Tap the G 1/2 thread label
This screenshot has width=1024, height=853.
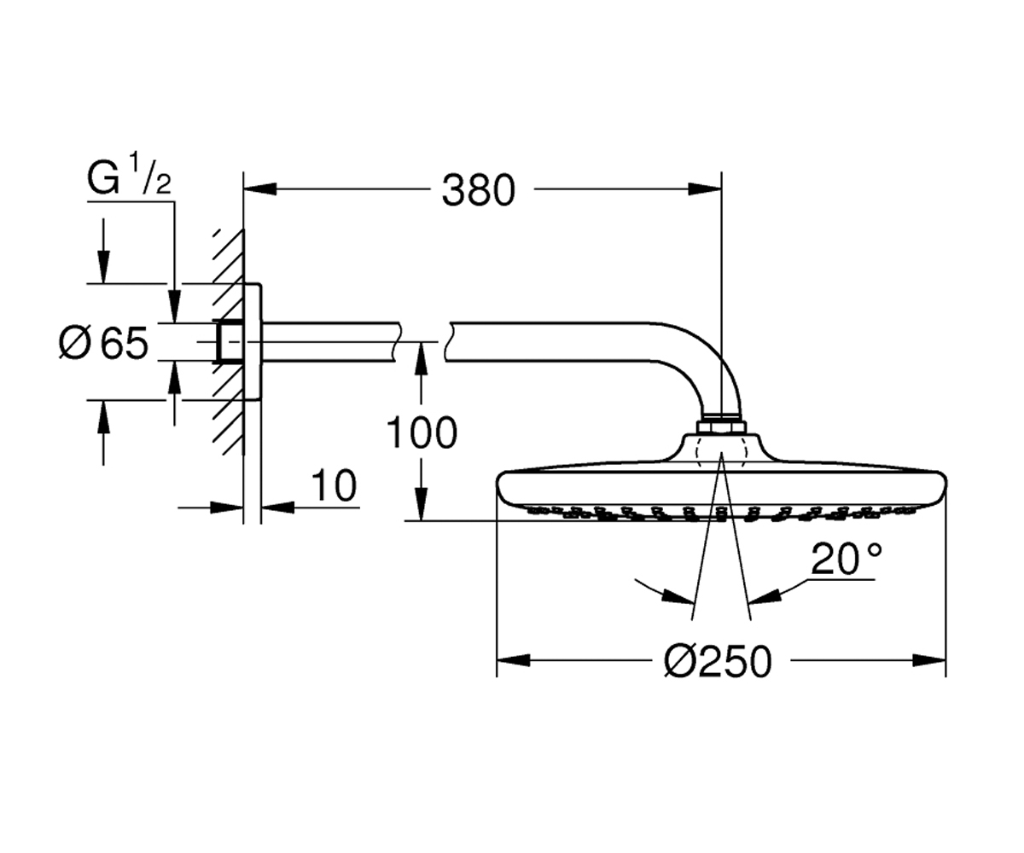point(129,176)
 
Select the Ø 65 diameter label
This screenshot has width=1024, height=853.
point(103,343)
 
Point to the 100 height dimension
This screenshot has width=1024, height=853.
point(422,432)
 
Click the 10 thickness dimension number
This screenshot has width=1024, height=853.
point(334,485)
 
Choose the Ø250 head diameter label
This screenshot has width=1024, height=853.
point(718,662)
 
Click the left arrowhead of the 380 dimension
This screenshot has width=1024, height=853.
point(260,189)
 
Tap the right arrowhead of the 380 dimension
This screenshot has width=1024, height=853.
point(705,189)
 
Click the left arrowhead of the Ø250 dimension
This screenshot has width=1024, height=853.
point(514,660)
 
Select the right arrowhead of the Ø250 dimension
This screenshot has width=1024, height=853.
point(929,660)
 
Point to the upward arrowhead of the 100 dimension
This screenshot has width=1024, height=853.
point(422,359)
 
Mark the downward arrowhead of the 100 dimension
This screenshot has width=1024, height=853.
point(422,504)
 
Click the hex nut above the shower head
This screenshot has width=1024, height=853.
point(721,427)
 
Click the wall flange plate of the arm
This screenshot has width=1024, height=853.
point(252,342)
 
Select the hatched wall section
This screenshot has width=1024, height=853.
point(229,342)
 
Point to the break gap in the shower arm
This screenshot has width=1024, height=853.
point(422,342)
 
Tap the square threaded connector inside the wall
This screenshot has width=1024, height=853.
point(229,342)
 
